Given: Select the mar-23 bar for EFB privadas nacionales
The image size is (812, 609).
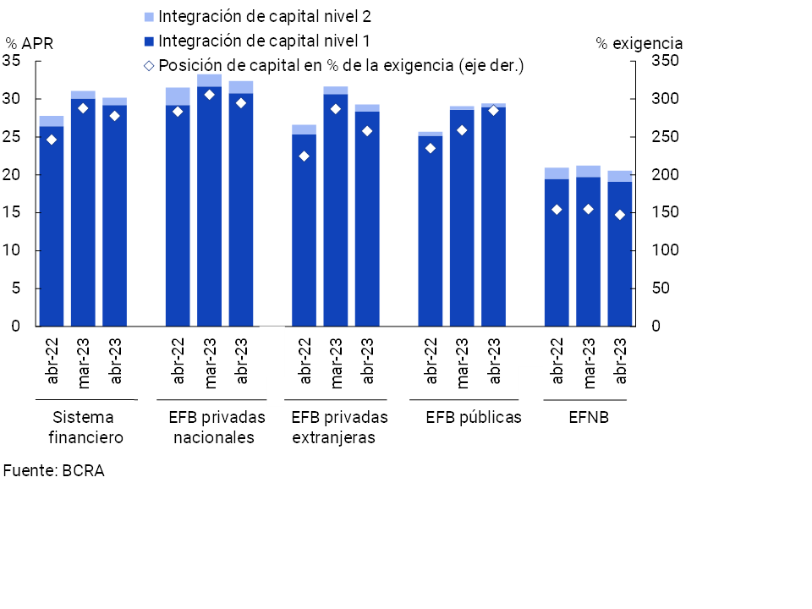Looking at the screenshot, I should pos(210,207).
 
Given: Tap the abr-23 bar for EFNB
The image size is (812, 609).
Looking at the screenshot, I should pos(620,254).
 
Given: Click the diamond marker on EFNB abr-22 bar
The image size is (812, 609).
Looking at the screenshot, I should pos(557,210).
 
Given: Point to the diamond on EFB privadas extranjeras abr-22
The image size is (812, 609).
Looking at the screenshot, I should pos(304,156).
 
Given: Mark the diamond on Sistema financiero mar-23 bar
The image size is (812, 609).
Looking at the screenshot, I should pos(83,108).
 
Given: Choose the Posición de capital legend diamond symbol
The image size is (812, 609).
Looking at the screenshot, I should pos(149,65).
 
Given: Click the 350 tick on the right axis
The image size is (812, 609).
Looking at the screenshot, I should pos(663,61).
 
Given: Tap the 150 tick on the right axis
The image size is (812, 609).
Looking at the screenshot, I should pos(663,212).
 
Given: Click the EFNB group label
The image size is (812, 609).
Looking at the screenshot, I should pos(589,417).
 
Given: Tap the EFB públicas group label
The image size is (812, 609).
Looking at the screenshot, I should pos(474,417).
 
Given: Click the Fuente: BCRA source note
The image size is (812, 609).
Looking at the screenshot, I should pos(53,471).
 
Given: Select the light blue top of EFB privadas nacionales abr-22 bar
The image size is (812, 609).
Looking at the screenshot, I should pos(178,96).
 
